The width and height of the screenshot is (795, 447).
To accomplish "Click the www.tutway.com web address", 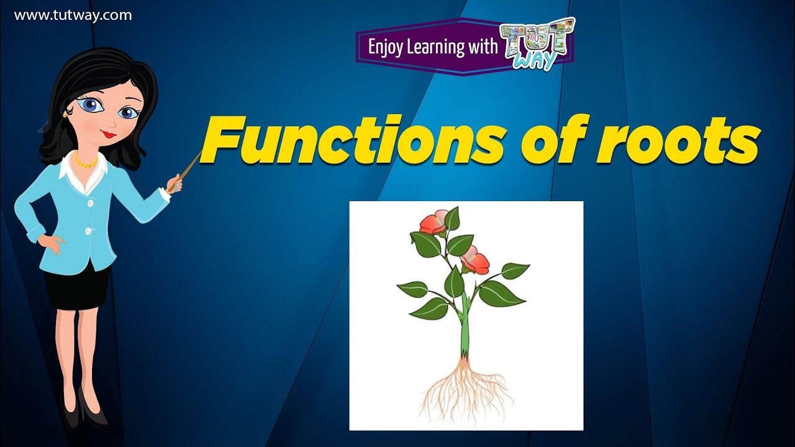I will click(73, 16).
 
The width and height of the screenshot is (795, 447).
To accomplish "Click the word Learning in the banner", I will click(438, 48).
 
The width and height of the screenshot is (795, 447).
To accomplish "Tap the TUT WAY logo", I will click(538, 43).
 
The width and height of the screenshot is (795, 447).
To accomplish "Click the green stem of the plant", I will click(464, 329).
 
